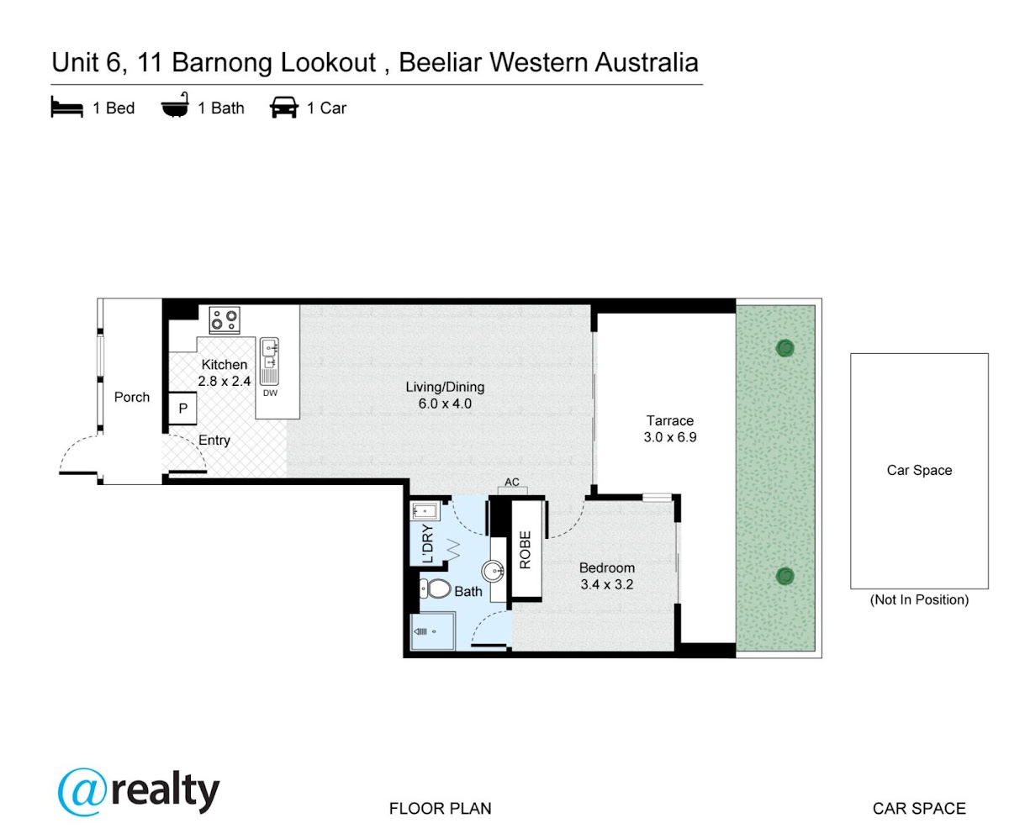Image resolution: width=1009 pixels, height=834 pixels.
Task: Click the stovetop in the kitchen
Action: point(225,319)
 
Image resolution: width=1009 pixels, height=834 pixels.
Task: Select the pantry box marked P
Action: point(182,409)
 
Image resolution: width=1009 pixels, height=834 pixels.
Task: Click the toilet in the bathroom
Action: point(435,589)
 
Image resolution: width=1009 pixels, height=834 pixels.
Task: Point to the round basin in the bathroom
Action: point(494,571)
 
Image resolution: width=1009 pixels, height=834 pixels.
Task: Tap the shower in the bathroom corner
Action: point(432,631)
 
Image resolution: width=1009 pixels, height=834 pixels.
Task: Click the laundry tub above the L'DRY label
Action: point(425,510)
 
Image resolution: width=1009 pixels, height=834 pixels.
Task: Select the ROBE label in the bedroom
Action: point(525,550)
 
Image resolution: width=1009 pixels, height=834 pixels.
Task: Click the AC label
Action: point(512,482)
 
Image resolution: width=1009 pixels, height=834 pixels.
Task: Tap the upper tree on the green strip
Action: point(784,348)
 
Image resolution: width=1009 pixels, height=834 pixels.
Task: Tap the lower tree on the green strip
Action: point(784,576)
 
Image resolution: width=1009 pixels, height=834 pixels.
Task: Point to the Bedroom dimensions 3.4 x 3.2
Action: point(606,584)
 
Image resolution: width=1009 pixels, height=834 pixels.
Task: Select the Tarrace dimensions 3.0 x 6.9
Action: point(670,437)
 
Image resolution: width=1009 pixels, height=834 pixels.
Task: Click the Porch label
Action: point(132,397)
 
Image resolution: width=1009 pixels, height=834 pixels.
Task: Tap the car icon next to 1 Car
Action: point(283,107)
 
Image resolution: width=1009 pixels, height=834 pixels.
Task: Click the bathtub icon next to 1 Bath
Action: point(175,105)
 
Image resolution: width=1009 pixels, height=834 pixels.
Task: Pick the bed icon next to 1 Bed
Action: point(66,107)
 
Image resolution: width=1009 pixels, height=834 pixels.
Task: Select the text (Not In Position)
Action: point(919,599)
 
